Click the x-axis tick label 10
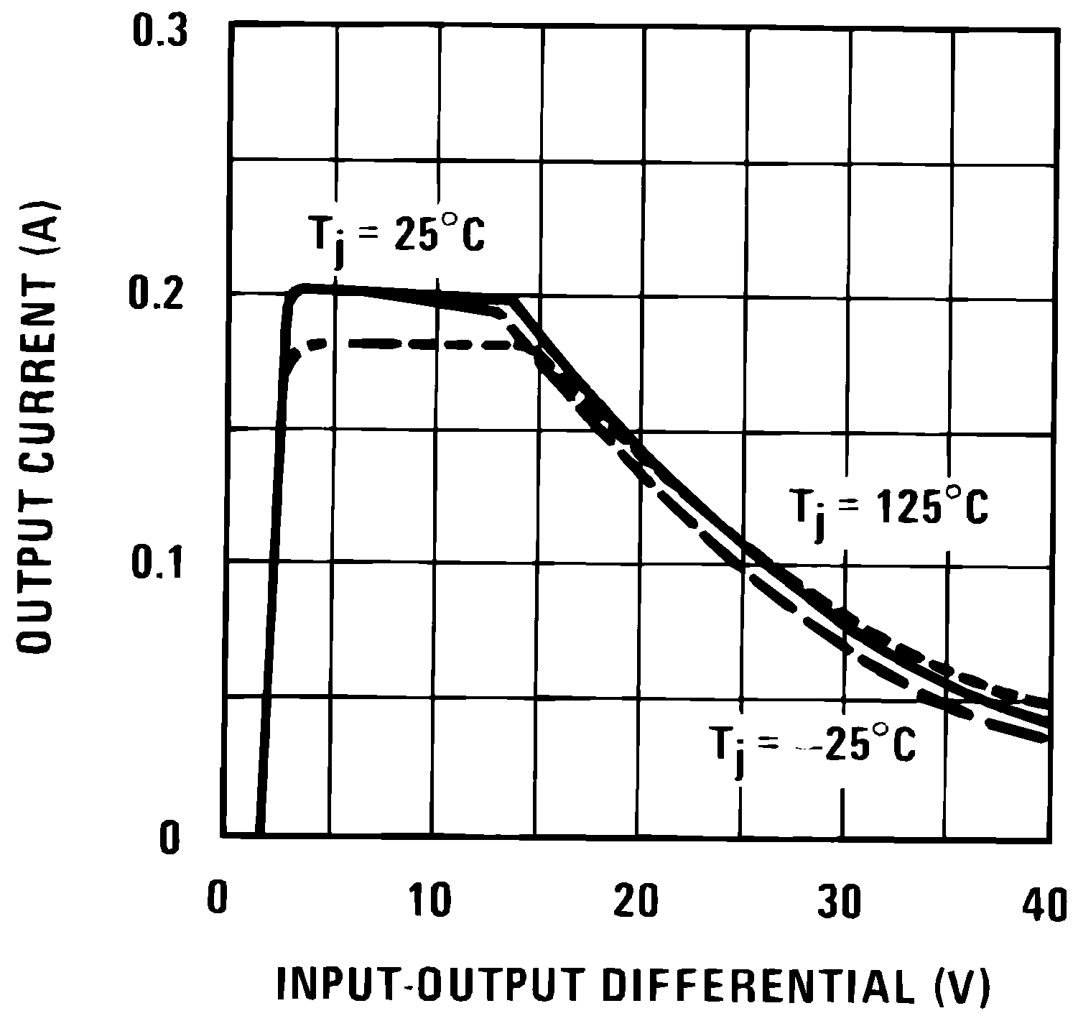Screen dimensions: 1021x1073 [x=431, y=902]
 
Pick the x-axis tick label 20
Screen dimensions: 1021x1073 [x=636, y=902]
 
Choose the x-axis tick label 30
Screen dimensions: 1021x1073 [x=840, y=902]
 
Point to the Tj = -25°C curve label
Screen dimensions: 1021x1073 [x=813, y=747]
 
